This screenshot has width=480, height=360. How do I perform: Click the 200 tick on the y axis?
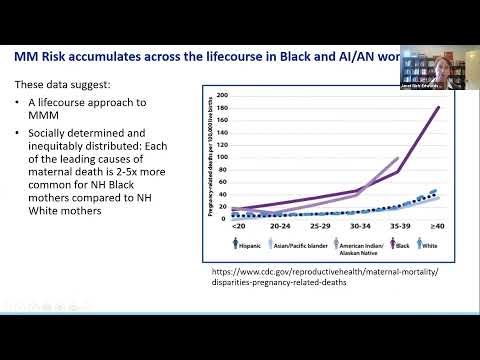pos(222,96)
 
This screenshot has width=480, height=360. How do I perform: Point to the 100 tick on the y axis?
pos(222,156)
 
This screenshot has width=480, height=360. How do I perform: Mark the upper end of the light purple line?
pos(397,158)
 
